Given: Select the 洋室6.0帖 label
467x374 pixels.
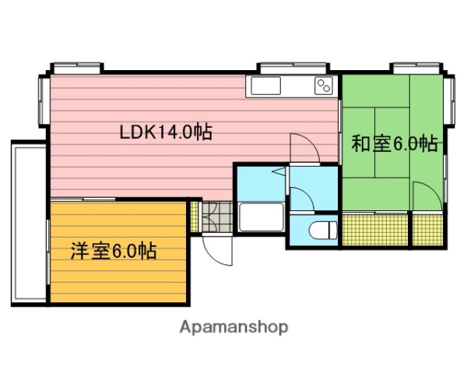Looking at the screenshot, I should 113,251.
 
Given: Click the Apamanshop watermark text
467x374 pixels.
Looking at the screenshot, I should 233,327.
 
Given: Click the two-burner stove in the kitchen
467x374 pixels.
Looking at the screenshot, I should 324,85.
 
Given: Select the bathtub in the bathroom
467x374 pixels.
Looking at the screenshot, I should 260,217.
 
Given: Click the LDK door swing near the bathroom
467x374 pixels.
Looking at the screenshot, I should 302,148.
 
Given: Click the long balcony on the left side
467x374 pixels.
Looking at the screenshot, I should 26,222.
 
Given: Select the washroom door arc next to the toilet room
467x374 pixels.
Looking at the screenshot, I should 302,198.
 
